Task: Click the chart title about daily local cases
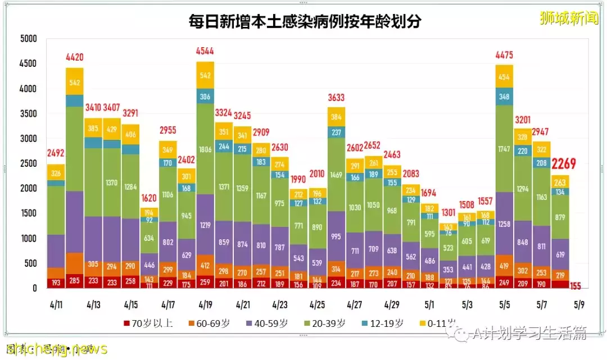point(305,22)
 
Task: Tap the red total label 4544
point(205,51)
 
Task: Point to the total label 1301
point(449,212)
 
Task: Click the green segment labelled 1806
point(205,150)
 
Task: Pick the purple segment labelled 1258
point(504,224)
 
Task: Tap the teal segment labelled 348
point(504,97)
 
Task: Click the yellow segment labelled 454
point(504,76)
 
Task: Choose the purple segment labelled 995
point(337,236)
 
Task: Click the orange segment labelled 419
point(504,266)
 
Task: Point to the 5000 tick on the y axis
point(28,39)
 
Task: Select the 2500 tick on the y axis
point(28,163)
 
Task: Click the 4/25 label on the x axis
point(318,305)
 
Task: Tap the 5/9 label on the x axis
point(579,305)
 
